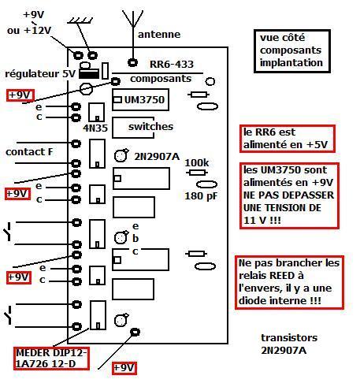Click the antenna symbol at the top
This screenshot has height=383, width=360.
(x=133, y=32)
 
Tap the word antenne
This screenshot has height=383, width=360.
(x=159, y=35)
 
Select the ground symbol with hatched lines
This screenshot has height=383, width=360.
(x=80, y=20)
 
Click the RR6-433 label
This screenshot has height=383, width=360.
(x=172, y=65)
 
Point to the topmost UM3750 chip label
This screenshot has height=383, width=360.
(x=144, y=100)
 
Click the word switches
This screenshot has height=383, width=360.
(x=150, y=127)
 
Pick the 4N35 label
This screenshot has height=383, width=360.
(x=95, y=128)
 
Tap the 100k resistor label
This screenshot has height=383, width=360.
(x=197, y=163)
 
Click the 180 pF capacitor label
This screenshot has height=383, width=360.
(x=201, y=196)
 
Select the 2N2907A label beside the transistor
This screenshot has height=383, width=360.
(x=157, y=157)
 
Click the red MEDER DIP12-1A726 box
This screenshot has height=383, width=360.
(x=51, y=359)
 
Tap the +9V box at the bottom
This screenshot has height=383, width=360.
(x=124, y=368)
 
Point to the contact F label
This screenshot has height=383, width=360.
(x=29, y=152)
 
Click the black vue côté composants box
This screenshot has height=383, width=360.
(x=292, y=51)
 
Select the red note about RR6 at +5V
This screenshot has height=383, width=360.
(x=288, y=139)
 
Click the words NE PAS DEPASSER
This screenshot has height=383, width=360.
(x=288, y=195)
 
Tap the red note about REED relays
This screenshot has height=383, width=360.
(x=289, y=282)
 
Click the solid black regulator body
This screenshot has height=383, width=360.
(x=89, y=73)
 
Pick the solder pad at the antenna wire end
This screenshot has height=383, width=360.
(x=133, y=63)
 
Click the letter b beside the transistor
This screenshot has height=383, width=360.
(x=135, y=239)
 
